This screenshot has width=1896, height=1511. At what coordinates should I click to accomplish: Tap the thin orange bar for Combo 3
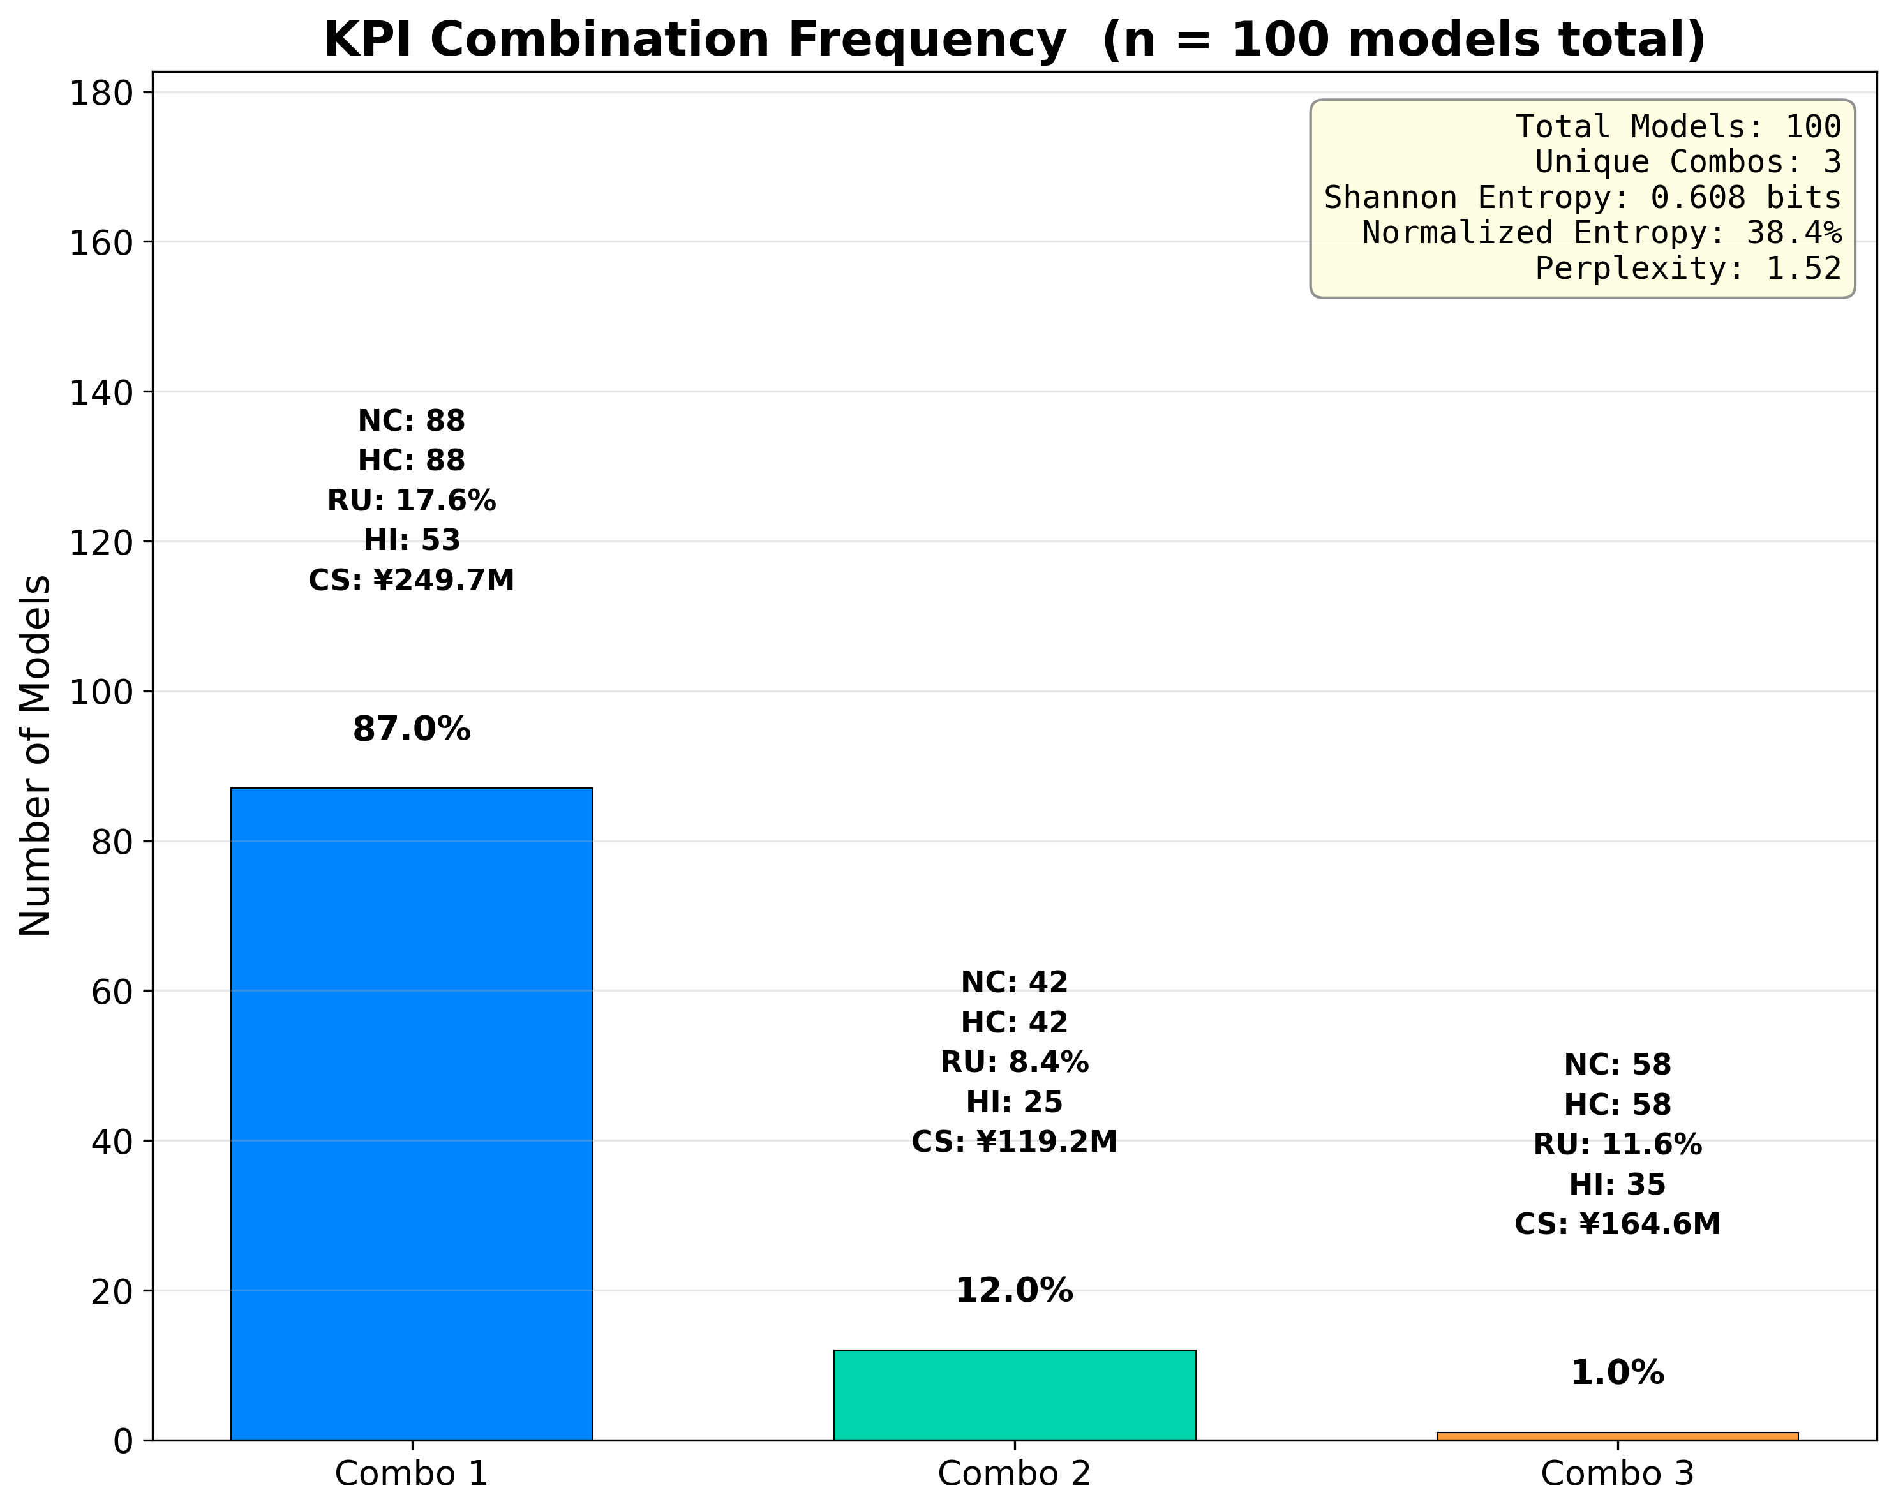point(1616,1435)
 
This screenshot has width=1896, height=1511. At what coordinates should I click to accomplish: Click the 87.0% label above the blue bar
point(412,730)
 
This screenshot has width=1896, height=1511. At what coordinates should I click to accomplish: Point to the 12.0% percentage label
point(1014,1291)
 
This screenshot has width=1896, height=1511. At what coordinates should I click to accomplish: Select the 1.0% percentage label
point(1616,1373)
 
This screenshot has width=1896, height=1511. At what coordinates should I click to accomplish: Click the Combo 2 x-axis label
point(1014,1474)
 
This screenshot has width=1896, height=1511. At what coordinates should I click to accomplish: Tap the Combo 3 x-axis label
point(1616,1474)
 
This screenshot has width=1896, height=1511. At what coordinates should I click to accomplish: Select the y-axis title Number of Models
point(35,756)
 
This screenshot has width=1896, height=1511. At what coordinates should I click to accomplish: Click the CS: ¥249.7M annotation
point(412,581)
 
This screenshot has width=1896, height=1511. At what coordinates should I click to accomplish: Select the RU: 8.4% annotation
point(1014,1062)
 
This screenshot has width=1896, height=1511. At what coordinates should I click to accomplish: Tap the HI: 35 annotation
point(1616,1185)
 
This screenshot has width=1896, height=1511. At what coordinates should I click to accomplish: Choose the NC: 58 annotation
point(1616,1065)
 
